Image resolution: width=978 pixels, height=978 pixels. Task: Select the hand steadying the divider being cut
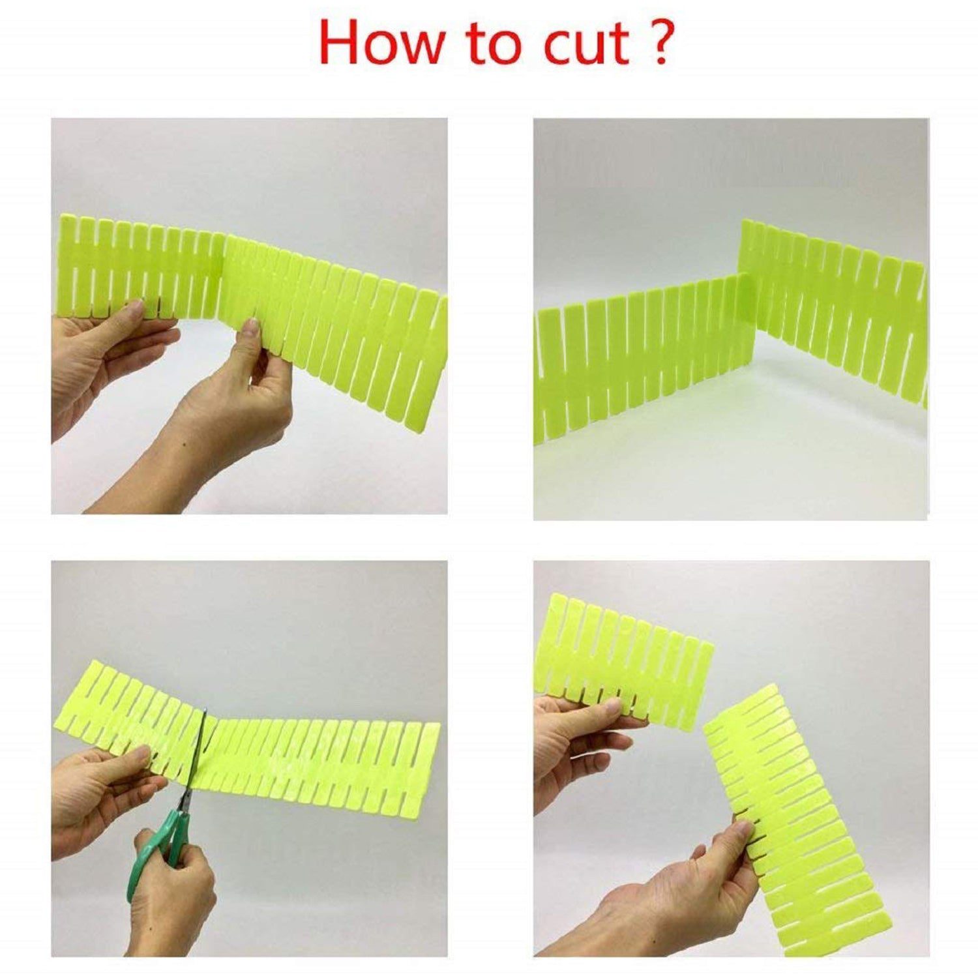[104, 789]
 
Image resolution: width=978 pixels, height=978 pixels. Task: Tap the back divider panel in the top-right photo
[835, 306]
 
